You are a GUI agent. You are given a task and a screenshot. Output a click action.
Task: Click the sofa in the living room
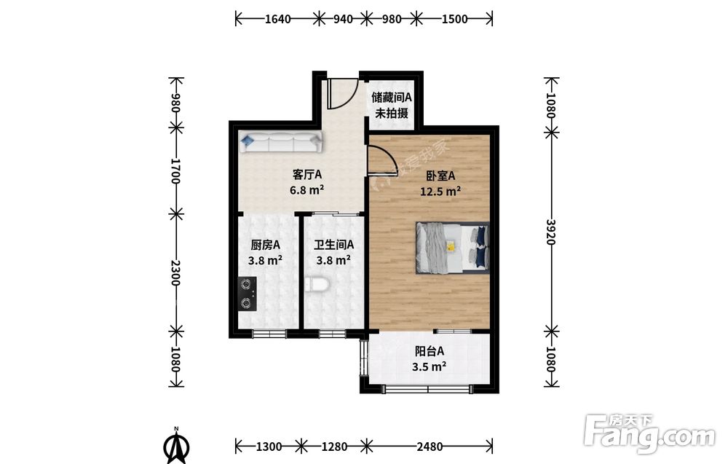pyautogui.click(x=280, y=141)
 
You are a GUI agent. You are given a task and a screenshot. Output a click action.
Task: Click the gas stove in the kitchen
pyautogui.click(x=247, y=294)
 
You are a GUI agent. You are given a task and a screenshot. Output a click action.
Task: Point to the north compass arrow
pyautogui.click(x=176, y=446)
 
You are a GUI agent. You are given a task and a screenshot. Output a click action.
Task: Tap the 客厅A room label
pyautogui.click(x=307, y=175)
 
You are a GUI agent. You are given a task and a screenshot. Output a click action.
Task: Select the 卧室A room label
pyautogui.click(x=440, y=176)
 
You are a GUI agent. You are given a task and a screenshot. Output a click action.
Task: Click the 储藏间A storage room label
pyautogui.click(x=392, y=98)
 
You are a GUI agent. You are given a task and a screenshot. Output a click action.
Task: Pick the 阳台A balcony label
pyautogui.click(x=429, y=350)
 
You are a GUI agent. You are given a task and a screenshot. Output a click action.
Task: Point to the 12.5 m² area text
pyautogui.click(x=440, y=191)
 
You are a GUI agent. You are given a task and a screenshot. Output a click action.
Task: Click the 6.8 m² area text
pyautogui.click(x=306, y=189)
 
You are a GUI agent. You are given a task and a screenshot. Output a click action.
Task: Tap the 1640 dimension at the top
pyautogui.click(x=277, y=19)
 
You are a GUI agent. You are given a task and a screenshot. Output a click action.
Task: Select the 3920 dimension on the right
pyautogui.click(x=550, y=232)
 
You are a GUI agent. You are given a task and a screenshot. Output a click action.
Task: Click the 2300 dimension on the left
pyautogui.click(x=175, y=272)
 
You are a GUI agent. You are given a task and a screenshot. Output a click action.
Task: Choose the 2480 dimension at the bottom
pyautogui.click(x=430, y=447)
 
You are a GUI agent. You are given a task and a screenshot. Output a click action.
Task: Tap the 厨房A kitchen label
pyautogui.click(x=265, y=245)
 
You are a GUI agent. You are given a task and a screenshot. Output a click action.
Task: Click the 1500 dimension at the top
pyautogui.click(x=454, y=19)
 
